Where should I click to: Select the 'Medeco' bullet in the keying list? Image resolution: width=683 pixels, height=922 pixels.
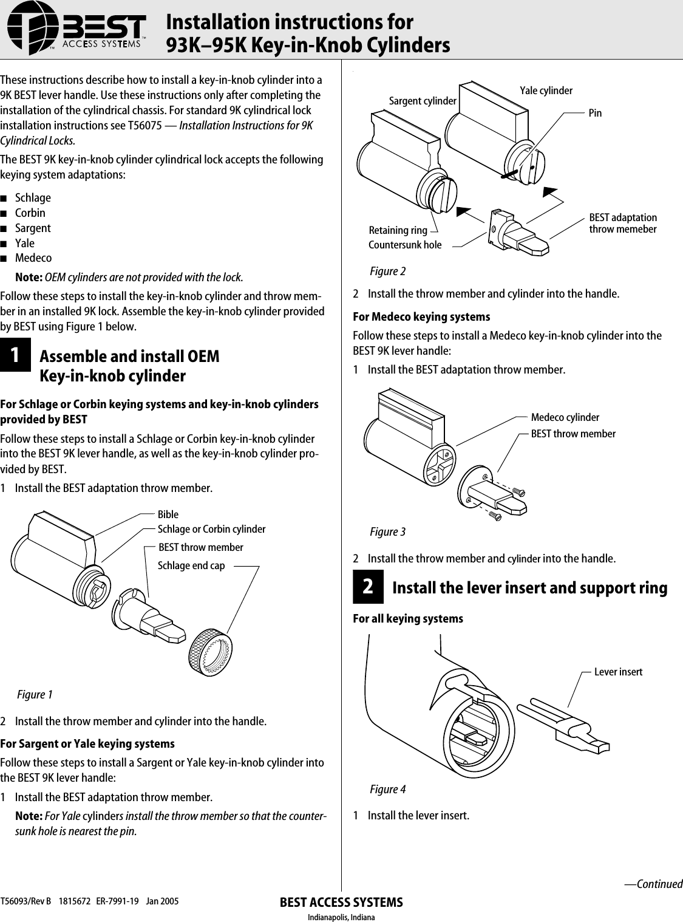33,258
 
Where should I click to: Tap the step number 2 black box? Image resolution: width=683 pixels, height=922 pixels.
368,587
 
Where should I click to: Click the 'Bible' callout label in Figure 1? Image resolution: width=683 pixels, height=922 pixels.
168,514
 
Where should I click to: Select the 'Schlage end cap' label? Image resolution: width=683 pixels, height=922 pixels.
191,565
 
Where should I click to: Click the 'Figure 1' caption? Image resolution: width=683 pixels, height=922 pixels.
35,694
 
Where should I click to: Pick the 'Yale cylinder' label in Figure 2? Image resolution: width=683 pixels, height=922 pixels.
546,90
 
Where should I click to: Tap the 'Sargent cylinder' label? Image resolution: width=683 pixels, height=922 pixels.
423,101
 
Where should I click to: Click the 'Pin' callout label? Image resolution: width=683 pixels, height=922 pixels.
595,113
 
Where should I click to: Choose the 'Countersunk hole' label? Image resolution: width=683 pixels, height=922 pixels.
405,245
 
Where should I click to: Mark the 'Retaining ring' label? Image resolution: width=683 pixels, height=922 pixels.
398,230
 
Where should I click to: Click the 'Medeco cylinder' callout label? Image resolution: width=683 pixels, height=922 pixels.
565,417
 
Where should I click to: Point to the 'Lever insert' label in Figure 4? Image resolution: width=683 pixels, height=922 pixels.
618,672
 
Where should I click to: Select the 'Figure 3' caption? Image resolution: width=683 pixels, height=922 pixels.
387,532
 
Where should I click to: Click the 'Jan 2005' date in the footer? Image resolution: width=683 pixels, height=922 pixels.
162,901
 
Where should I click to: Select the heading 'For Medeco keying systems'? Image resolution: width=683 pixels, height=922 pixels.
421,316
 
